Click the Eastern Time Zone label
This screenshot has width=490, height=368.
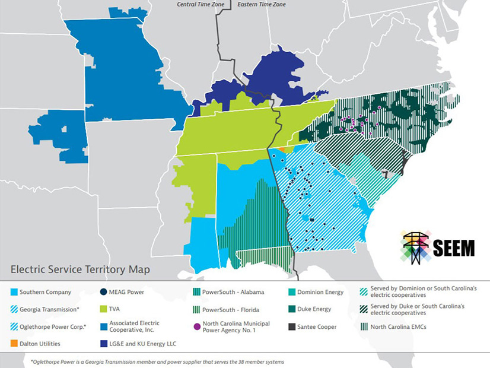pyautogui.click(x=262, y=4)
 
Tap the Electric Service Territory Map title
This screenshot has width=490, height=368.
pyautogui.click(x=80, y=269)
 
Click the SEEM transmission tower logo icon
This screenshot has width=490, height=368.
pyautogui.click(x=416, y=246)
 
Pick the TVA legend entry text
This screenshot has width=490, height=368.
pyautogui.click(x=116, y=309)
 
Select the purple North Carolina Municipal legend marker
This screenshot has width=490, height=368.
pyautogui.click(x=197, y=327)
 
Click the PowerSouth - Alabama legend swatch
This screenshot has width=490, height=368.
pyautogui.click(x=197, y=292)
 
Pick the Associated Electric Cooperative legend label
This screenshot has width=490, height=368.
pyautogui.click(x=134, y=327)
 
